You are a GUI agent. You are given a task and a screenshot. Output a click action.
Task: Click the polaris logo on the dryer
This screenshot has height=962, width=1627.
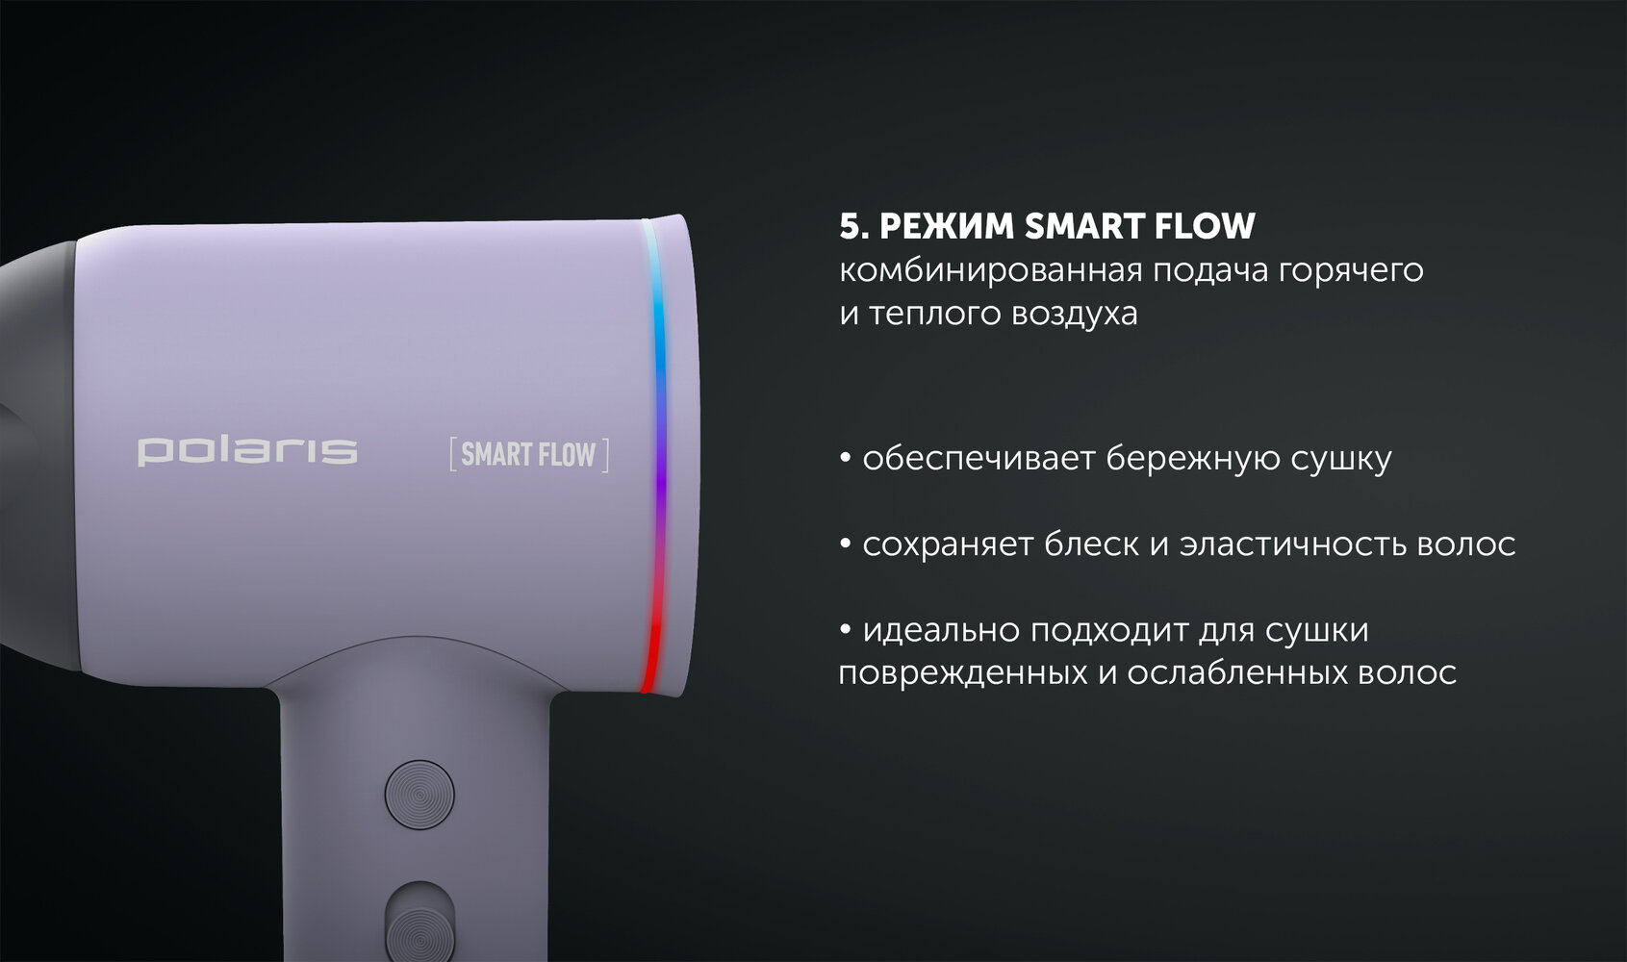pyautogui.click(x=247, y=451)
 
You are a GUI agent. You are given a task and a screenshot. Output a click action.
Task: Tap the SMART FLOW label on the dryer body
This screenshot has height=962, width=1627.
pyautogui.click(x=529, y=454)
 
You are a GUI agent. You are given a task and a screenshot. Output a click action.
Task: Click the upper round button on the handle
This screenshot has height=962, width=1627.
pyautogui.click(x=419, y=795)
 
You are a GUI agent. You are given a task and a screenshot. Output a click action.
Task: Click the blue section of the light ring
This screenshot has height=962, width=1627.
pyautogui.click(x=659, y=327)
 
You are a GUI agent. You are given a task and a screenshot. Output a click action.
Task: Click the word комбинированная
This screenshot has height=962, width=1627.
pyautogui.click(x=990, y=271)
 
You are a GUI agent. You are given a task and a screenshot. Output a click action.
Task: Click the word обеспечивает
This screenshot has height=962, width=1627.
pyautogui.click(x=979, y=459)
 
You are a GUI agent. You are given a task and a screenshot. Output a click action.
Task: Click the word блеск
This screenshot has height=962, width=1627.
pyautogui.click(x=1091, y=544)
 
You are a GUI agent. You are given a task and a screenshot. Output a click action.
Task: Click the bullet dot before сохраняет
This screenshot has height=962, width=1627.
pyautogui.click(x=846, y=544)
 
